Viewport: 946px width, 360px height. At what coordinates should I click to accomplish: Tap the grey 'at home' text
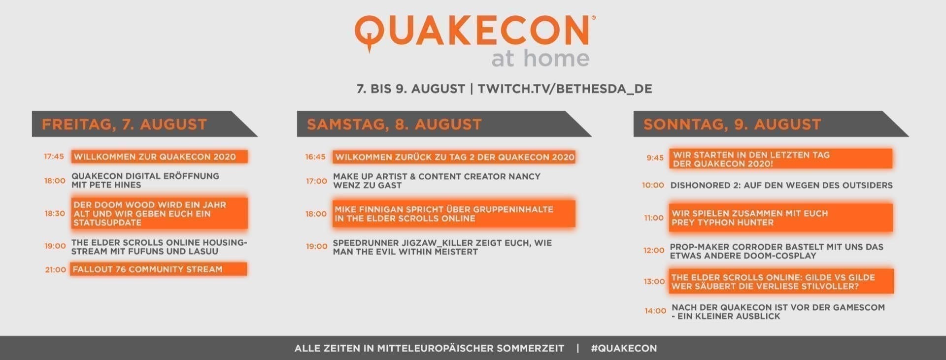pyautogui.click(x=540, y=58)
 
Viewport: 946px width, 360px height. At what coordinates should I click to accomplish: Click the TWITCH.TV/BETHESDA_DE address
pyautogui.click(x=565, y=89)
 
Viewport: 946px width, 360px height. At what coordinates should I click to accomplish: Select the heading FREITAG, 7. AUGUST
pyautogui.click(x=124, y=124)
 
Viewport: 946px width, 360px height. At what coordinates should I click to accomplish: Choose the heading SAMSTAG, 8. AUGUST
pyautogui.click(x=394, y=124)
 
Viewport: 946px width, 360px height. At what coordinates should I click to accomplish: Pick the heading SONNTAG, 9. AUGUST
pyautogui.click(x=732, y=124)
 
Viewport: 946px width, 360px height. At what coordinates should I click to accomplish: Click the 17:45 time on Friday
pyautogui.click(x=54, y=157)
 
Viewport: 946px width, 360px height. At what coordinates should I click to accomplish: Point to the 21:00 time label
pyautogui.click(x=55, y=270)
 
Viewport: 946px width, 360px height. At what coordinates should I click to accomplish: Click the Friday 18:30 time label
pyautogui.click(x=55, y=213)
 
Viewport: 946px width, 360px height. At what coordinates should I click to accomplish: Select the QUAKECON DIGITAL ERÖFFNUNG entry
pyautogui.click(x=145, y=180)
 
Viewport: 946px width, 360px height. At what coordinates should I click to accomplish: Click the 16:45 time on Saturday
pyautogui.click(x=315, y=157)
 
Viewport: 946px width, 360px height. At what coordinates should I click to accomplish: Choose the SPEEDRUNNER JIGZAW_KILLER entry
pyautogui.click(x=442, y=247)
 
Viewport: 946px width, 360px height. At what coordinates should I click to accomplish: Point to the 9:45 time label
pyautogui.click(x=655, y=158)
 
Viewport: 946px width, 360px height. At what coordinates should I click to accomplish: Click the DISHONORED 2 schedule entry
pyautogui.click(x=781, y=185)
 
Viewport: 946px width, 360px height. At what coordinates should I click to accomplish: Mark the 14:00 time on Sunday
pyautogui.click(x=655, y=311)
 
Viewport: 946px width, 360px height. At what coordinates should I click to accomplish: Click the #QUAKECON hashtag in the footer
pyautogui.click(x=624, y=348)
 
